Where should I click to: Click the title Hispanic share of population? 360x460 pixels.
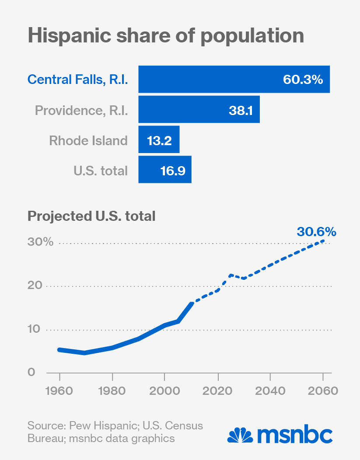(x=166, y=35)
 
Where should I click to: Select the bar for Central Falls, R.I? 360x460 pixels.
(x=234, y=80)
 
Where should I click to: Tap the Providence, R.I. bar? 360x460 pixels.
(x=199, y=110)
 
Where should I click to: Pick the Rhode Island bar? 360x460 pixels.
(x=159, y=140)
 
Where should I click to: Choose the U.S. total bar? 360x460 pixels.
(x=165, y=170)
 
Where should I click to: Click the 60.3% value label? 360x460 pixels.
(x=303, y=80)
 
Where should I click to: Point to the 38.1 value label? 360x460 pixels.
(x=241, y=110)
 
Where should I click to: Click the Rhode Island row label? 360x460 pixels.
(x=88, y=140)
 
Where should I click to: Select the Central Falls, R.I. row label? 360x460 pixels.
(x=77, y=80)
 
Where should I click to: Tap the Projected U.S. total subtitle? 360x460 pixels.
(x=91, y=216)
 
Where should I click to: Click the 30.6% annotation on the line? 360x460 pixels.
(x=316, y=231)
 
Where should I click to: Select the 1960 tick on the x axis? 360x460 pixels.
(x=59, y=390)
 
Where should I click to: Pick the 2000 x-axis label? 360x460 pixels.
(x=164, y=390)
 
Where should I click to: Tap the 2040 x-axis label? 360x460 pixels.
(x=270, y=390)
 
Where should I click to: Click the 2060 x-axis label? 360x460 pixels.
(x=323, y=390)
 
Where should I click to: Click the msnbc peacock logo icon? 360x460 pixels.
(x=240, y=435)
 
